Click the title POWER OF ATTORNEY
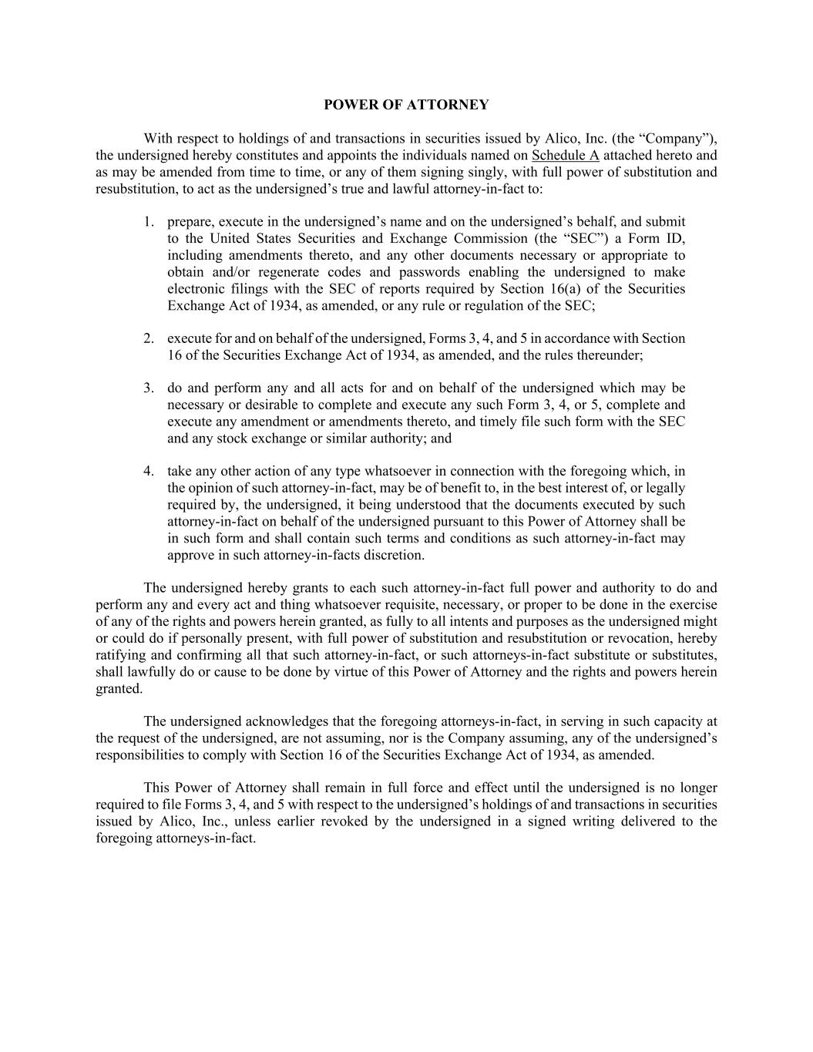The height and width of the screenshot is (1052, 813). click(406, 105)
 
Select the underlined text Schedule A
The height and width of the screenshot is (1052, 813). click(565, 155)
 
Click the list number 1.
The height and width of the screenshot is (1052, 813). click(148, 222)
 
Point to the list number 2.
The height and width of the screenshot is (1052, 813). click(148, 338)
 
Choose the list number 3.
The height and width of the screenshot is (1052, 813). click(148, 388)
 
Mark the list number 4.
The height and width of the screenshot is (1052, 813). click(148, 471)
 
